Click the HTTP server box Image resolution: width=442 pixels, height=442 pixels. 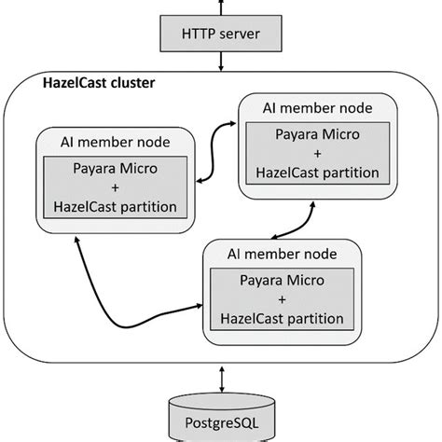[x=220, y=35]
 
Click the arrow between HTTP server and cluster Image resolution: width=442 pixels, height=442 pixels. [x=221, y=62]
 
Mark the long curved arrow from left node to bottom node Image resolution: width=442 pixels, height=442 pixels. [x=112, y=289]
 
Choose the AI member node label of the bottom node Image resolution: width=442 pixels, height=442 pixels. [x=282, y=253]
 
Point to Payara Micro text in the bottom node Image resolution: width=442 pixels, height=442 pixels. [x=283, y=280]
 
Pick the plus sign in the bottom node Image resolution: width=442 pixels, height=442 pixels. [x=283, y=298]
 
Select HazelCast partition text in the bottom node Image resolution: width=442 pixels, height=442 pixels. [x=283, y=318]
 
